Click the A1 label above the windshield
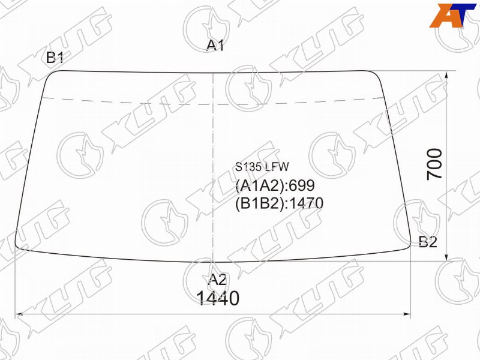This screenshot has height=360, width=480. [x=215, y=46]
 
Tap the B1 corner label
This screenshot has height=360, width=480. [x=55, y=57]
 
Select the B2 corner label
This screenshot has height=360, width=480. [x=428, y=242]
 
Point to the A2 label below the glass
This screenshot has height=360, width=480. [x=217, y=280]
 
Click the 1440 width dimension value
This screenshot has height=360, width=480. [x=218, y=298]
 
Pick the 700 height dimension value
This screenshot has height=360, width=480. [x=434, y=164]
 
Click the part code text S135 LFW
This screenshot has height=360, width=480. [x=262, y=167]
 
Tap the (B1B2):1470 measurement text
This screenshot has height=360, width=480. [x=279, y=203]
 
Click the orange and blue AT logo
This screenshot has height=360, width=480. [x=452, y=16]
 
